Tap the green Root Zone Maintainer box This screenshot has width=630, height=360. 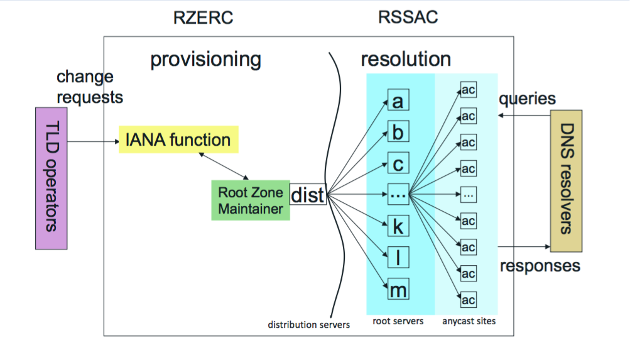pos(250,200)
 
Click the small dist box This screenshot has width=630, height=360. pos(308,194)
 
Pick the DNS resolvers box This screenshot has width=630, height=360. pos(566,180)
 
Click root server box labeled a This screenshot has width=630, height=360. pos(398,101)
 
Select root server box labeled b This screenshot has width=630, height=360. pos(398,133)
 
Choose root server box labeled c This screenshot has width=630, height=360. pos(398,164)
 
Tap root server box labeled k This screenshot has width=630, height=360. pos(398,226)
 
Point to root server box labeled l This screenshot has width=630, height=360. pos(398,258)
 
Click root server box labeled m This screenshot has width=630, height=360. pos(398,290)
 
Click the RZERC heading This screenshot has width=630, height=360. pos(203,18)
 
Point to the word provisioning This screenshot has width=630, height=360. pos(205,60)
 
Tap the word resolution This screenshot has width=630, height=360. pos(405,60)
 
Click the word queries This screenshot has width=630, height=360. pos(527,99)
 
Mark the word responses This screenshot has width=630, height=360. pos(540,266)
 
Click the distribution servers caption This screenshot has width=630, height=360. pos(308,325)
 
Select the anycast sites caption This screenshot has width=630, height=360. pos(467,322)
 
